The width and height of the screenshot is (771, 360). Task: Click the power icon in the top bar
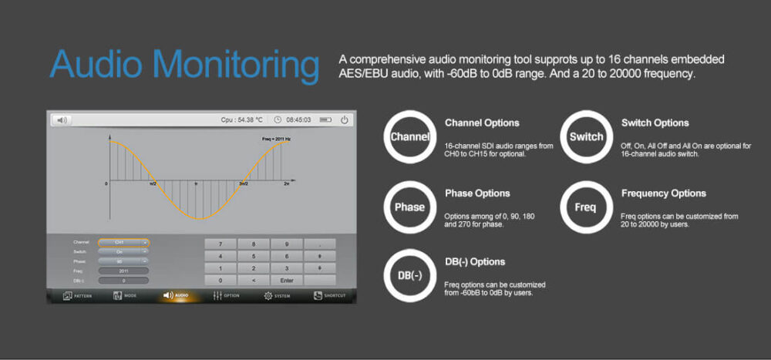[x=344, y=119]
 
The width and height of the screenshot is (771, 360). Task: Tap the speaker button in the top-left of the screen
[x=62, y=120]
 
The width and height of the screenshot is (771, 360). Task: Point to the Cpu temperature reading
[x=241, y=120]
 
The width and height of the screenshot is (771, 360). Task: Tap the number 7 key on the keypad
[x=221, y=244]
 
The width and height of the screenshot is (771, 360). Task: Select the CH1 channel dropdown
[x=123, y=242]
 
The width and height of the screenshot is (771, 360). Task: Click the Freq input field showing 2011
[x=123, y=271]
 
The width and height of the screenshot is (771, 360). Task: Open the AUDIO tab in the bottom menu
[x=176, y=295]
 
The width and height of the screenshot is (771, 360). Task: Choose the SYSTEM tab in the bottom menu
[x=277, y=295]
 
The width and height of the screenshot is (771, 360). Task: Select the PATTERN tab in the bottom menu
[x=76, y=295]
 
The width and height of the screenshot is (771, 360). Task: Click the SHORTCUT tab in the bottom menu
[x=329, y=295]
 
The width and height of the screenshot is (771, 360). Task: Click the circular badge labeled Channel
[x=410, y=136]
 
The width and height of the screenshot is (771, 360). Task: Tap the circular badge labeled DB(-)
[x=410, y=276]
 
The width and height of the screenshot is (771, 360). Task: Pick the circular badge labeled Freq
[x=585, y=207]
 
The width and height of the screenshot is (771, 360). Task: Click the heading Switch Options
[x=655, y=123]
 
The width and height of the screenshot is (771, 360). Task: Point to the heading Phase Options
[x=477, y=193]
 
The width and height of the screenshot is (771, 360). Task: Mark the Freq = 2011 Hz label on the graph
[x=276, y=139]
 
